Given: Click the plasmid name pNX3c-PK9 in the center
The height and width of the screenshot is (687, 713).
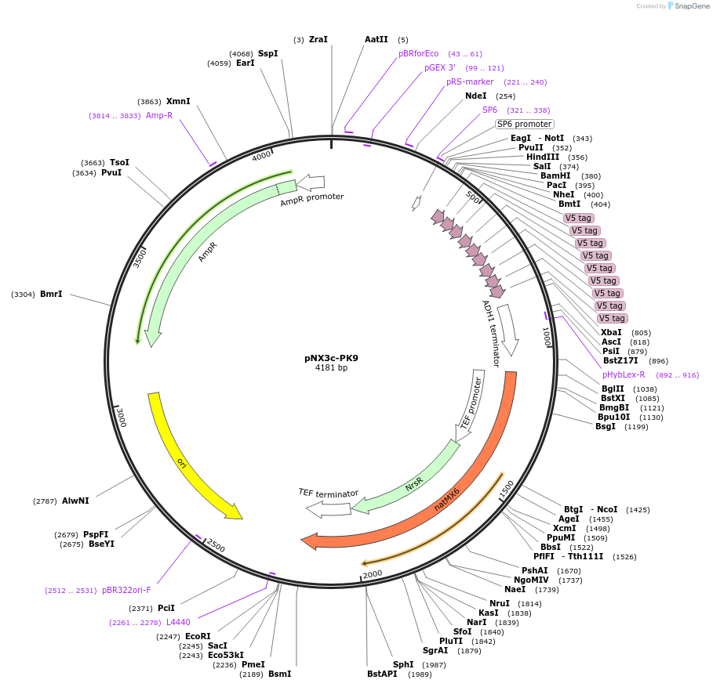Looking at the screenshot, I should point(331,358).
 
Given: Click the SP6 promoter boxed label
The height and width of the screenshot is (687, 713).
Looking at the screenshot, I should point(524,124).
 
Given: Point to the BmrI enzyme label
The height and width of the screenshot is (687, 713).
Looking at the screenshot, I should point(51,294).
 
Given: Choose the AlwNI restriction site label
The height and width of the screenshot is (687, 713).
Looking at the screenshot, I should point(75,501).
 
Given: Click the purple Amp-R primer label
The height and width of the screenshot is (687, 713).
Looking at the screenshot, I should point(159,115).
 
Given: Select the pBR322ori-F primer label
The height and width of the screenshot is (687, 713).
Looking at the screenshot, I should point(126,590).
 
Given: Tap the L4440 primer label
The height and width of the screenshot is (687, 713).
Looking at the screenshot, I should point(178,622).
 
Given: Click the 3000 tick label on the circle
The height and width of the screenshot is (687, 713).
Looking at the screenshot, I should point(120,418).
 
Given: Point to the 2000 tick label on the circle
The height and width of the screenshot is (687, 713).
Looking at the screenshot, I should point(373,573).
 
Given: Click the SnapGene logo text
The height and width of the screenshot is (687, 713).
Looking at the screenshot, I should point(690,6).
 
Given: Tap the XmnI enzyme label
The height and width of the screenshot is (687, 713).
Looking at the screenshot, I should point(178,101).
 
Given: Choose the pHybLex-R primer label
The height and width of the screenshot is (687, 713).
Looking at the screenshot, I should point(624,374).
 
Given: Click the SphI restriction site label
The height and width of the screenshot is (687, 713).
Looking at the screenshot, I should point(403,664).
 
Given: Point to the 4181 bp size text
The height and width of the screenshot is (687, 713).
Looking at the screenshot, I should point(331,367).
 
